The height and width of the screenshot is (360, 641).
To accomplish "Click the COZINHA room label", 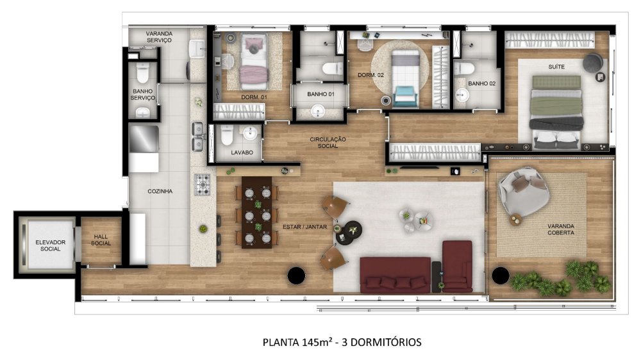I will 159,191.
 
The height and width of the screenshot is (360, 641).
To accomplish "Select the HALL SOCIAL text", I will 101,240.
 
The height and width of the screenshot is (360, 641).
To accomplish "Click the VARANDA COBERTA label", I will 560,230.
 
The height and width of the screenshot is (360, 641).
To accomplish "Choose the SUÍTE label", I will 555,66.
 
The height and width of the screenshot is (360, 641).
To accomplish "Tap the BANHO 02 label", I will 481,83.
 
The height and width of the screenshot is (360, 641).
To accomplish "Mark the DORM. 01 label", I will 254,97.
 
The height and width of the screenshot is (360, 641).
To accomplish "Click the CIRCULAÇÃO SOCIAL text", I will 328,142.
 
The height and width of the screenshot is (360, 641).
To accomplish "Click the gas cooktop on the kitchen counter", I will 203,184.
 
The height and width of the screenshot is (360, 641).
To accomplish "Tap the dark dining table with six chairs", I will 257,217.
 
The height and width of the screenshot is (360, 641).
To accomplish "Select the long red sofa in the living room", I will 395,274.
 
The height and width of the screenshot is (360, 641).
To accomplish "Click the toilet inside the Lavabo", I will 226,136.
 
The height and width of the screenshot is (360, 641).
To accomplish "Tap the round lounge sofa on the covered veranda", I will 524,192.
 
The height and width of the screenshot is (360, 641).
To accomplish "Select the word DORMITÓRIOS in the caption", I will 385,342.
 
